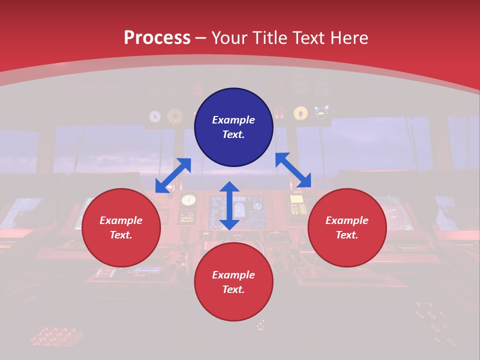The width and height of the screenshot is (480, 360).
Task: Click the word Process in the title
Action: [157, 37]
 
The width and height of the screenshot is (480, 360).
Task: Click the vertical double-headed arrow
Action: [229, 205]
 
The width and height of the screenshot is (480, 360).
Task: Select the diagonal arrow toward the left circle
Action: [173, 175]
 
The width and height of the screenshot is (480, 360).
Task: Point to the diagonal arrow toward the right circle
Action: [293, 170]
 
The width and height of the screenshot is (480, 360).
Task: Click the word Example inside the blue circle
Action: [233, 120]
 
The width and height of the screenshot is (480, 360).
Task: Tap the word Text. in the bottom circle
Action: [233, 289]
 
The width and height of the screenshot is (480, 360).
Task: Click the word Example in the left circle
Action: [121, 220]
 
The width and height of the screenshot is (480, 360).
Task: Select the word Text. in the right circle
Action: [347, 235]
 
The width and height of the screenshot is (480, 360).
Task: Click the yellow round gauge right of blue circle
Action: [300, 113]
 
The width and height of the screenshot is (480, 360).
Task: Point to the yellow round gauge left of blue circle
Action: [175, 116]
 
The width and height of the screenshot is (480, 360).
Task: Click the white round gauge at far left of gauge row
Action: [155, 116]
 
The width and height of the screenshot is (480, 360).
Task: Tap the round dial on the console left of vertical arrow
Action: [188, 200]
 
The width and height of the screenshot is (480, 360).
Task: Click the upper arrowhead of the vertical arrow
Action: [229, 187]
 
